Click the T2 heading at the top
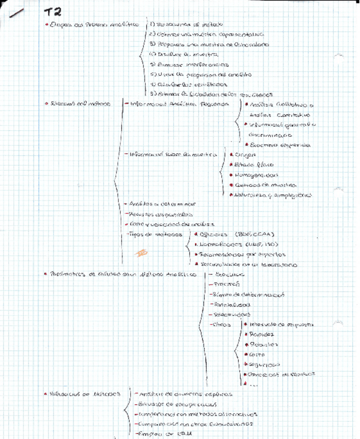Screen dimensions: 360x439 52,12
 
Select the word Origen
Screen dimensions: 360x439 245,154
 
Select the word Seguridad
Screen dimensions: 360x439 265,364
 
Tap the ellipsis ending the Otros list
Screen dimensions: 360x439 253,385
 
